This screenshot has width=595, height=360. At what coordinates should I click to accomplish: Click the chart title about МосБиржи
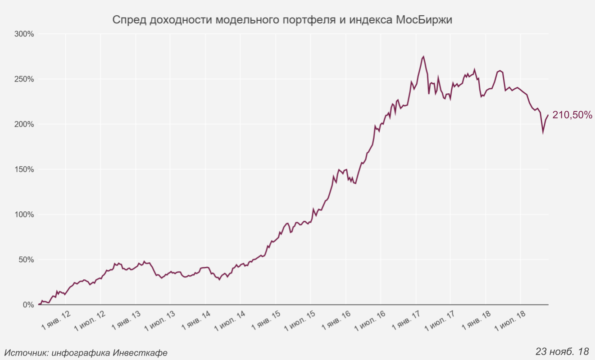pyautogui.click(x=282, y=20)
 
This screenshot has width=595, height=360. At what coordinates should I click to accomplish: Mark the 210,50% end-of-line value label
pyautogui.click(x=572, y=115)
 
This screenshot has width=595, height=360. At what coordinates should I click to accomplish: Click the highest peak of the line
pyautogui.click(x=423, y=57)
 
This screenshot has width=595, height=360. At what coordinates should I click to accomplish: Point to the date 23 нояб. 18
pyautogui.click(x=562, y=351)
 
